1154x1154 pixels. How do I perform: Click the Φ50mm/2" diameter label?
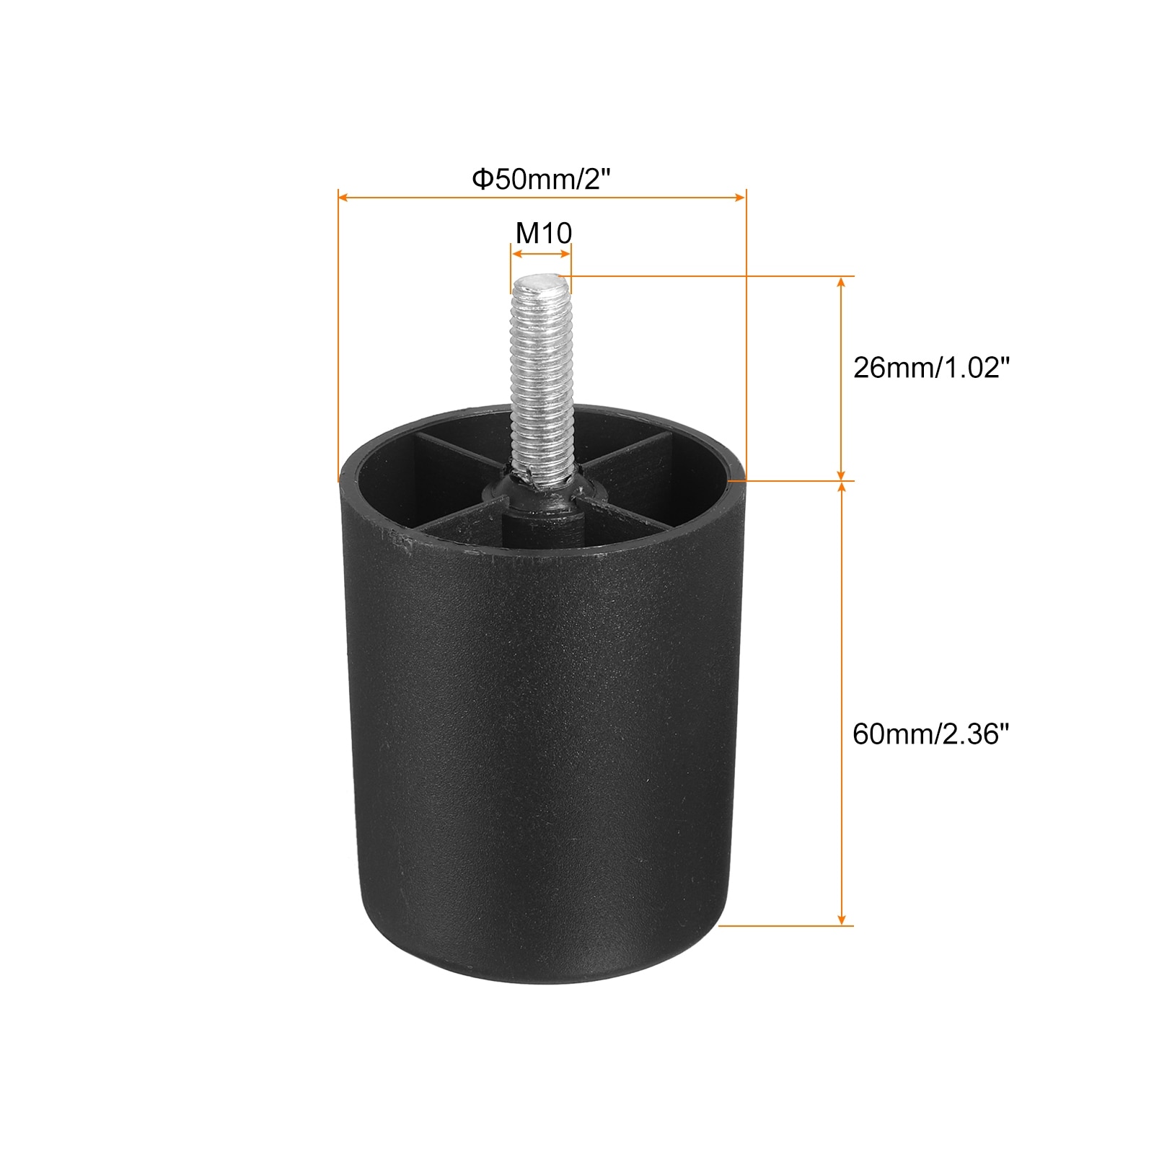(541, 178)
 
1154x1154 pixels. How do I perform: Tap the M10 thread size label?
(543, 232)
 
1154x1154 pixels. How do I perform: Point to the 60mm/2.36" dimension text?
(930, 734)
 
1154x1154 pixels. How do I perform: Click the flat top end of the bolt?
(540, 282)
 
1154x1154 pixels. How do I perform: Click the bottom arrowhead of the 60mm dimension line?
(840, 920)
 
